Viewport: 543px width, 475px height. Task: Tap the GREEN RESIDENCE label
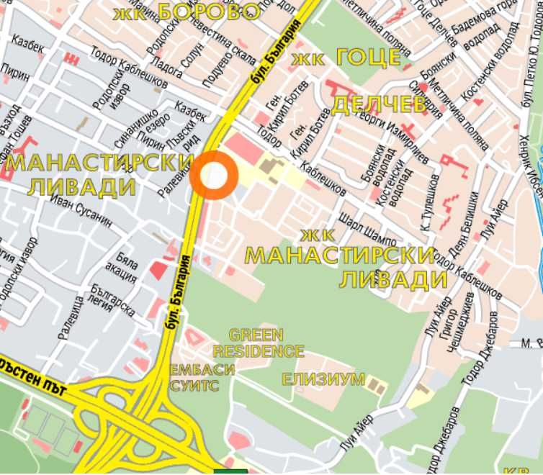[x=258, y=343]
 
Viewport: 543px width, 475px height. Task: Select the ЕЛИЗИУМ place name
[x=323, y=379]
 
